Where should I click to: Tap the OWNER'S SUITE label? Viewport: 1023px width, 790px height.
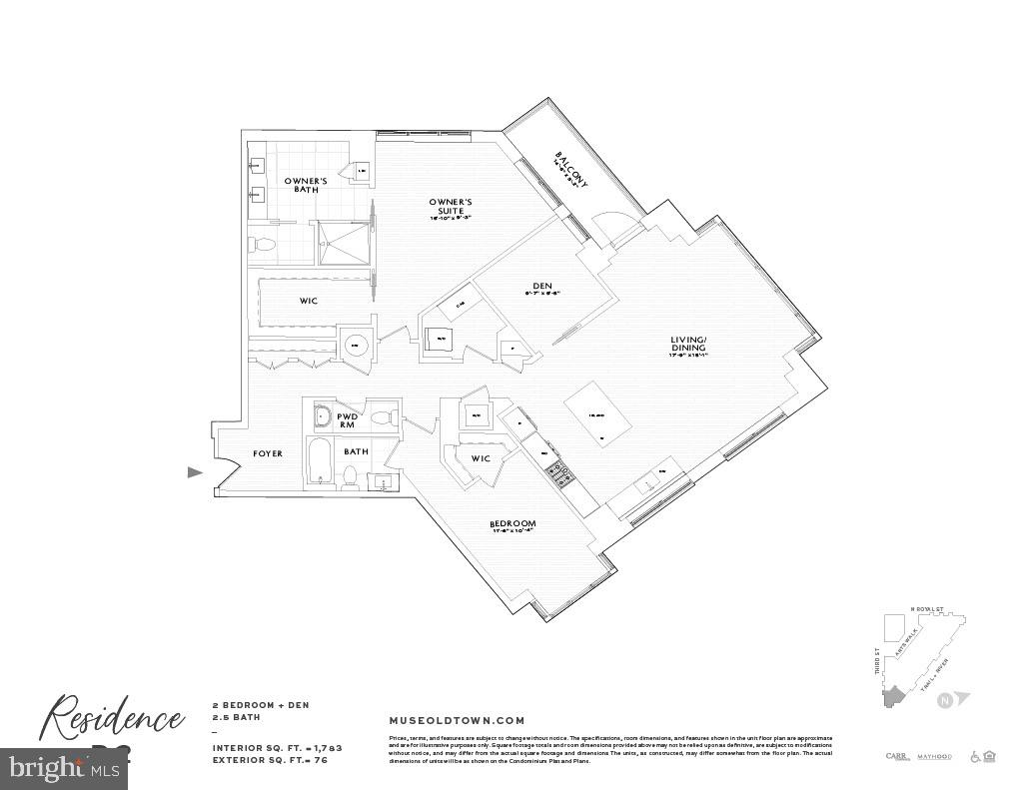pyautogui.click(x=451, y=206)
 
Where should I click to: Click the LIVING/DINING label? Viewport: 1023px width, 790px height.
pyautogui.click(x=688, y=345)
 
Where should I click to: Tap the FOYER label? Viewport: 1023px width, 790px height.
pyautogui.click(x=267, y=453)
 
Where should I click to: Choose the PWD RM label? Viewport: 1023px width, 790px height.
pyautogui.click(x=348, y=420)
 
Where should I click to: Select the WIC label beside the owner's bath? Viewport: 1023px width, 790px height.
pyautogui.click(x=309, y=301)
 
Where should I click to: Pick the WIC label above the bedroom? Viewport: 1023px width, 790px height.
pyautogui.click(x=481, y=458)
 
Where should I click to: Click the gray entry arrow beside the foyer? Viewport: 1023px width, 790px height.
pyautogui.click(x=196, y=472)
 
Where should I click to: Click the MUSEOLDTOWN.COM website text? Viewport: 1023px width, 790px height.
pyautogui.click(x=456, y=720)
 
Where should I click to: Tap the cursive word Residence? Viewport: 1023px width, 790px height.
pyautogui.click(x=111, y=718)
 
